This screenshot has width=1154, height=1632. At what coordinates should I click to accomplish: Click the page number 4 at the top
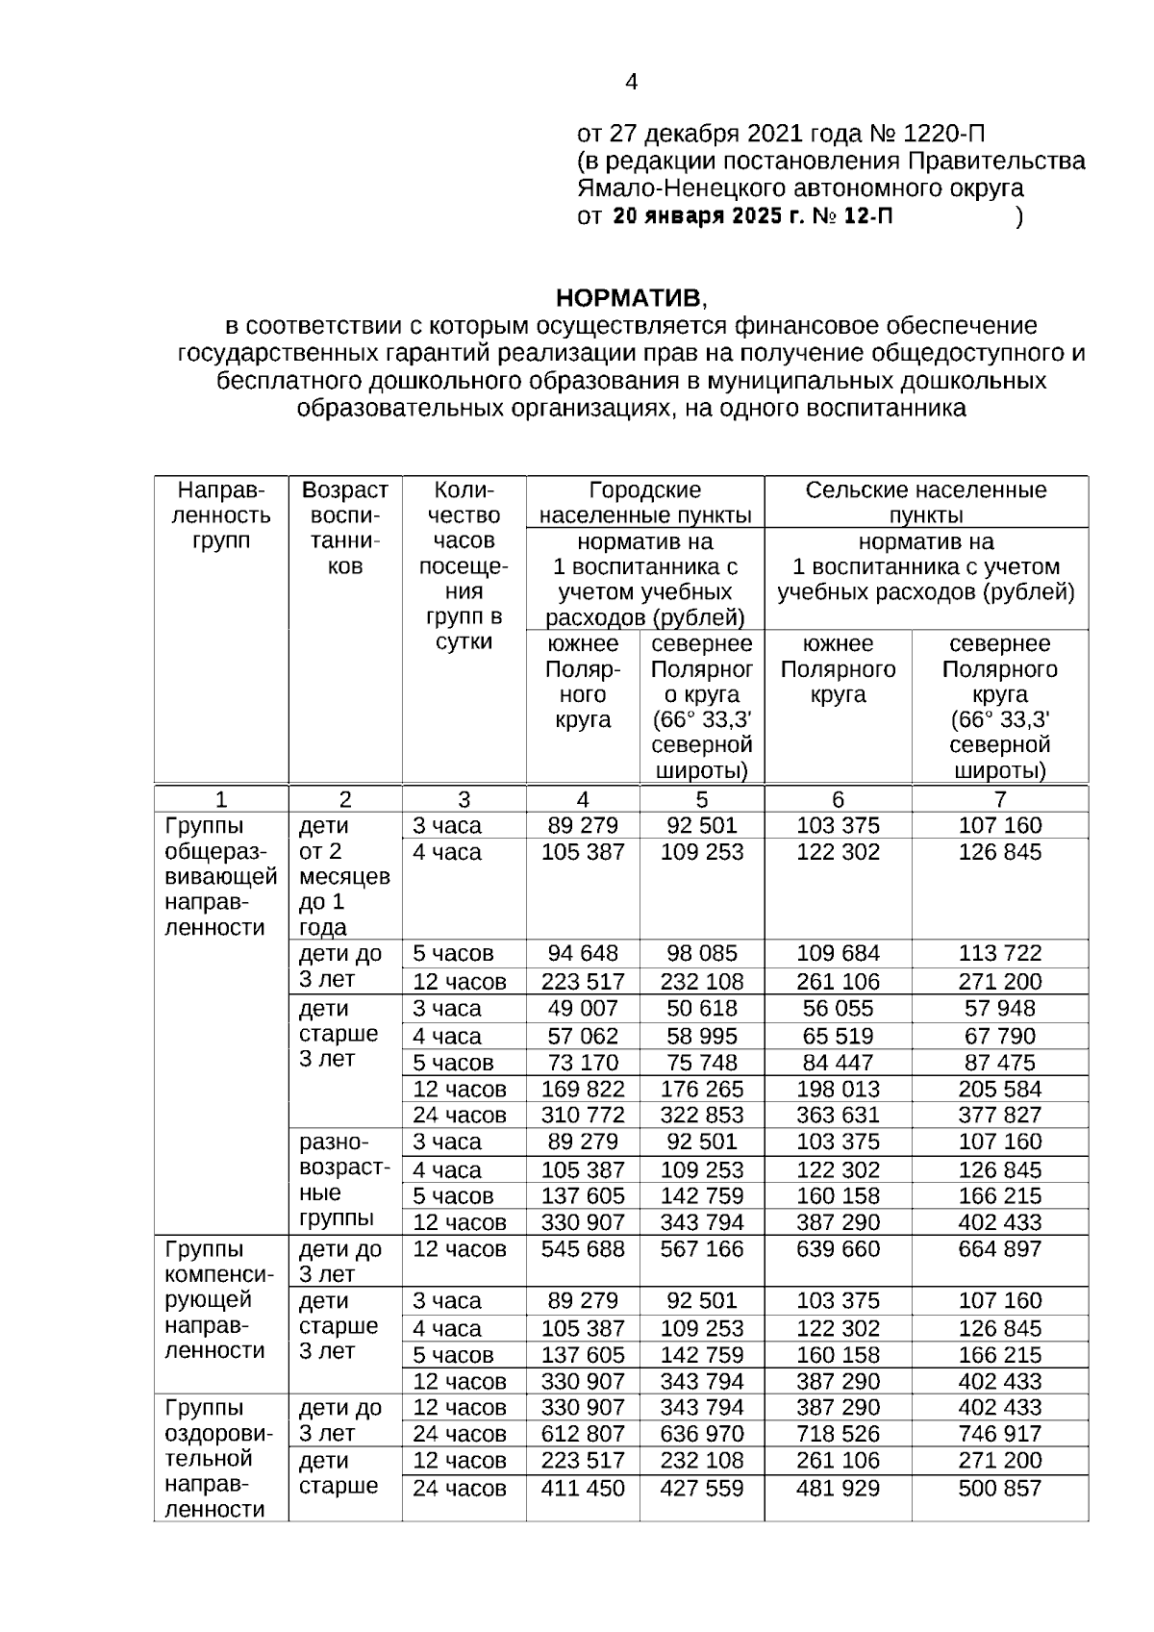pyautogui.click(x=631, y=83)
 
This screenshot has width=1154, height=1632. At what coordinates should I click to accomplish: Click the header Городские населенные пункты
pyautogui.click(x=644, y=502)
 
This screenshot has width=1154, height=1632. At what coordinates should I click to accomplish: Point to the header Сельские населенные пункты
pyautogui.click(x=925, y=502)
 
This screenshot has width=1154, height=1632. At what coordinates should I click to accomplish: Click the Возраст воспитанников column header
pyautogui.click(x=345, y=528)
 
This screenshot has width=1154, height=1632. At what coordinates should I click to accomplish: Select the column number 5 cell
pyautogui.click(x=701, y=799)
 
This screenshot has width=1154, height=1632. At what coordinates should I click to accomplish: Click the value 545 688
pyautogui.click(x=583, y=1248)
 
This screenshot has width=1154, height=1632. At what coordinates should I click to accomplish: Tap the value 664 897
pyautogui.click(x=999, y=1248)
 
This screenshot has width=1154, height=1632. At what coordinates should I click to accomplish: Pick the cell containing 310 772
pyautogui.click(x=583, y=1115)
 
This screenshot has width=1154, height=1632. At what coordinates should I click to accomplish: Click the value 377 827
pyautogui.click(x=999, y=1115)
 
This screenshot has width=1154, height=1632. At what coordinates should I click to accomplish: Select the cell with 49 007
pyautogui.click(x=583, y=1008)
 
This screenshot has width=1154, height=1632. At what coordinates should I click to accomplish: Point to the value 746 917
pyautogui.click(x=999, y=1434)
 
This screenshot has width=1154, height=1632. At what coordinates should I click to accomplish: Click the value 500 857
pyautogui.click(x=999, y=1488)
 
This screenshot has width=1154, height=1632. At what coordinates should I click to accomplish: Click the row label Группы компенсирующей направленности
pyautogui.click(x=219, y=1299)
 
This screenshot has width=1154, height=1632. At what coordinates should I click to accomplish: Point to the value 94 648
pyautogui.click(x=583, y=953)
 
